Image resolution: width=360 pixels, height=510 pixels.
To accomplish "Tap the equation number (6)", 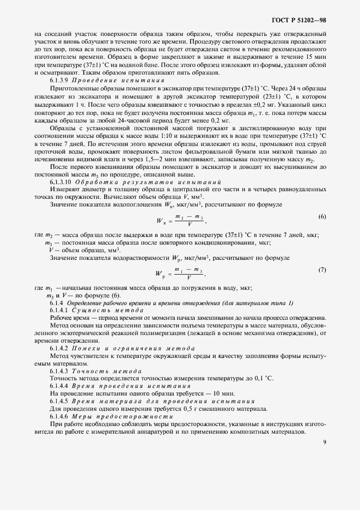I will pos(322,202).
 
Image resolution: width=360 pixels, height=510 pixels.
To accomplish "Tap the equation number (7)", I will pos(322,270).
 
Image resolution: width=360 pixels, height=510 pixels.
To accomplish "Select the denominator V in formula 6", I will pos(187,210).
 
